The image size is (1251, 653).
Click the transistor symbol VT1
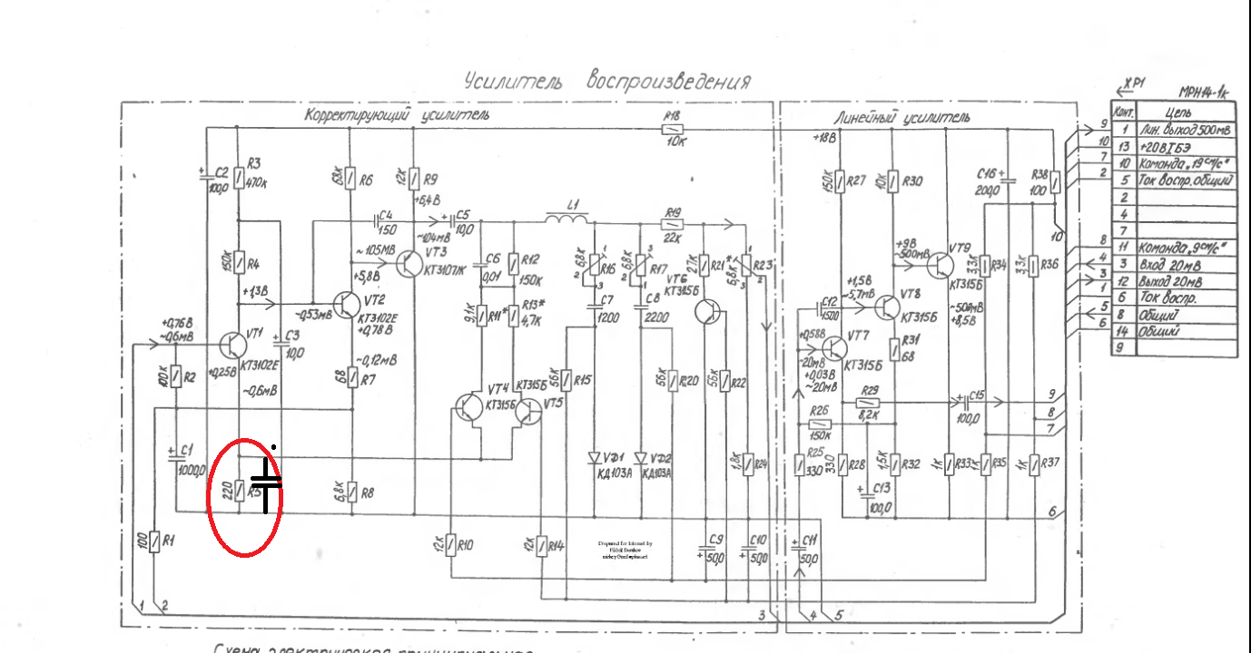[233, 345]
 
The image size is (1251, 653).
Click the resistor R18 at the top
[672, 129]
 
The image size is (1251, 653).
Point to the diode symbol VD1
[596, 458]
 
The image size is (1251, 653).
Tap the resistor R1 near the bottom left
[156, 541]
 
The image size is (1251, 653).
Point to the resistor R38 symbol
[1055, 182]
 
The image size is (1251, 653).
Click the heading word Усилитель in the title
[513, 82]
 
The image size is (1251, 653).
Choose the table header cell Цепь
[1179, 112]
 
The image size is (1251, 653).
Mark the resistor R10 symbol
[451, 546]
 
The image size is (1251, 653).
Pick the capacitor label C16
[988, 172]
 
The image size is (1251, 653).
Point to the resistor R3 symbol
[239, 178]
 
